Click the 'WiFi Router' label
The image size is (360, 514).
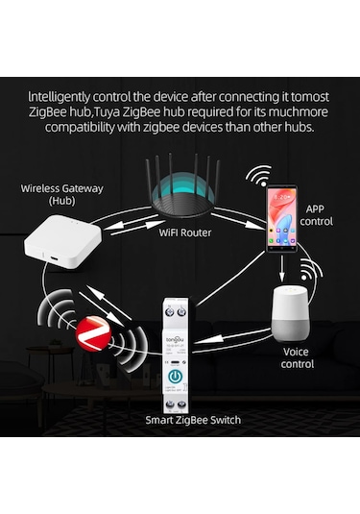click(185, 232)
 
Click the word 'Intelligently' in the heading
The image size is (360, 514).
click(62, 96)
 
